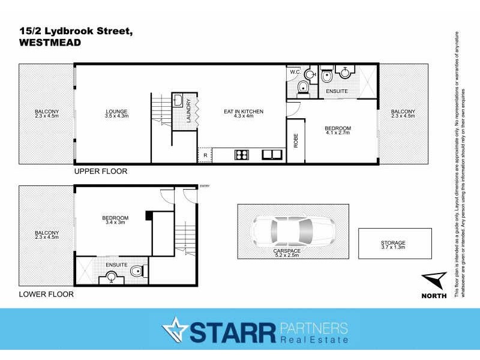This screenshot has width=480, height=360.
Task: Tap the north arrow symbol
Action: click(x=434, y=281)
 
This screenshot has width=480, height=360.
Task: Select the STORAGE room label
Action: click(x=393, y=242)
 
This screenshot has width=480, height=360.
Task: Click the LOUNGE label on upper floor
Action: click(x=117, y=111)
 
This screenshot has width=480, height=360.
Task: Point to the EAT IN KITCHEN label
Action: click(x=243, y=112)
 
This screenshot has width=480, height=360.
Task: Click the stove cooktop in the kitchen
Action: click(x=242, y=155)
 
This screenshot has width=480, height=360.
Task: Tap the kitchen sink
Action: click(x=272, y=154)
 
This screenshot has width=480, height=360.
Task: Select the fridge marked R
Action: click(x=205, y=155)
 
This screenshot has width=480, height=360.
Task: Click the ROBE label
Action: click(x=296, y=140)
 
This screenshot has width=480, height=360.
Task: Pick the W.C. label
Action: click(x=295, y=73)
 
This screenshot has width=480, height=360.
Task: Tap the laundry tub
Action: click(x=178, y=100)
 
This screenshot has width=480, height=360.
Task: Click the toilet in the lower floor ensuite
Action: click(x=138, y=272)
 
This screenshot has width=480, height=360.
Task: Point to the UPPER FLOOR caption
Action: click(x=101, y=171)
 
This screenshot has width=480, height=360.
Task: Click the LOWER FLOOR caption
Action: click(x=46, y=295)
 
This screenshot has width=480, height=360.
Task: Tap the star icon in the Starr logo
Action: click(x=175, y=330)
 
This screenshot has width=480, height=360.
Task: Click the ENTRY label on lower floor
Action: click(x=205, y=186)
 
